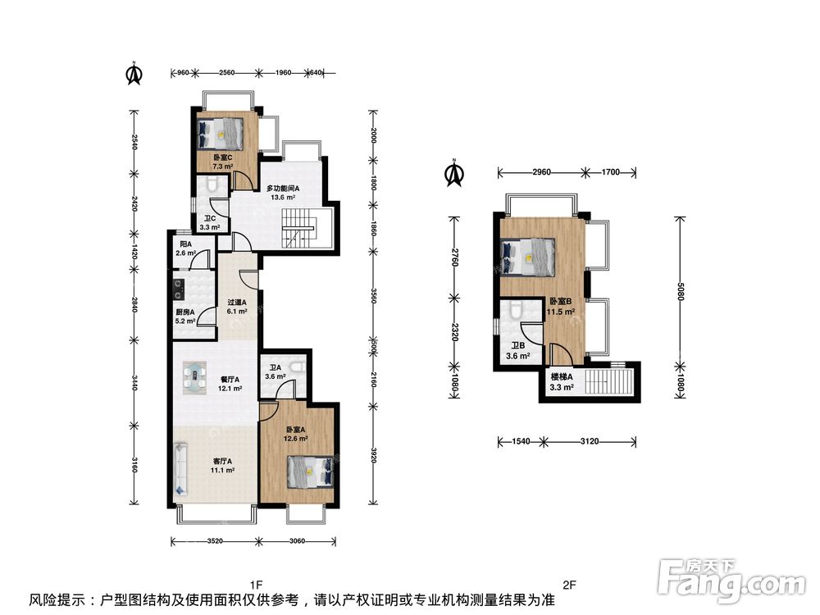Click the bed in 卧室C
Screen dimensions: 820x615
(x=221, y=133)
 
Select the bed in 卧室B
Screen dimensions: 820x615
(x=527, y=256)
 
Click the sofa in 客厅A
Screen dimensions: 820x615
(x=180, y=468)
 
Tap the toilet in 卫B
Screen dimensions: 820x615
(x=515, y=309)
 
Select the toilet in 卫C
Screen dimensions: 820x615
(x=212, y=183)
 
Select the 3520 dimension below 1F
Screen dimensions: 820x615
(x=215, y=541)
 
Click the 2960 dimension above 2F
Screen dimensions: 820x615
(x=541, y=172)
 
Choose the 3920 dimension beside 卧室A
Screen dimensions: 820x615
(x=373, y=453)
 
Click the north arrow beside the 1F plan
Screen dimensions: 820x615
(x=134, y=74)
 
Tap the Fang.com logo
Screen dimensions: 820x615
(x=731, y=579)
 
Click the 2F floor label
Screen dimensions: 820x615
(x=569, y=585)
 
